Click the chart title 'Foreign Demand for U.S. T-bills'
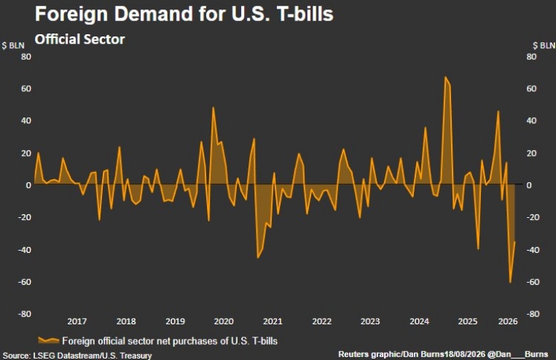(x=184, y=14)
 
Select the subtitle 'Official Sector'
(x=79, y=39)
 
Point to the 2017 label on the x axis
(x=77, y=321)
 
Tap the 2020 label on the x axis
(x=224, y=321)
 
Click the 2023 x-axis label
(x=370, y=321)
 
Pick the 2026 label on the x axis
(x=508, y=321)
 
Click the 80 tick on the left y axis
(x=26, y=57)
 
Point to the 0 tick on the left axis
(x=28, y=185)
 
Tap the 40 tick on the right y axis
(x=531, y=120)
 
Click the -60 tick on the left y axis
(x=25, y=282)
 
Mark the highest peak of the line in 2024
(x=445, y=77)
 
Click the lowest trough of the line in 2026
(x=510, y=282)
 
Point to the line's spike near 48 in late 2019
(x=213, y=107)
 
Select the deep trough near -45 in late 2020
(x=258, y=257)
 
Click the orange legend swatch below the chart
(x=49, y=340)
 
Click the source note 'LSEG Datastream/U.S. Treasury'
(x=93, y=355)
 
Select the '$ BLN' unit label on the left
(x=13, y=46)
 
